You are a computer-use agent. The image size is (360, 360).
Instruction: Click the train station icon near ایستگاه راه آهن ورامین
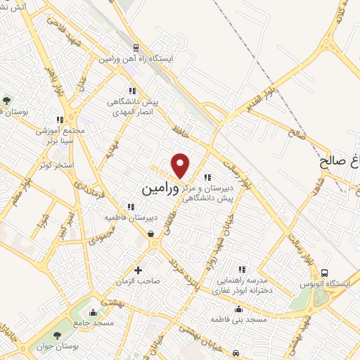[136, 49]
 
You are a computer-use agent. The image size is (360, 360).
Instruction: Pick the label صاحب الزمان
[139, 281]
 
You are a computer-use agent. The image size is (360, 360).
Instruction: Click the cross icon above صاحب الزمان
[138, 269]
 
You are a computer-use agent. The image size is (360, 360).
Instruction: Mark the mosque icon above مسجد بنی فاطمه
[238, 309]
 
